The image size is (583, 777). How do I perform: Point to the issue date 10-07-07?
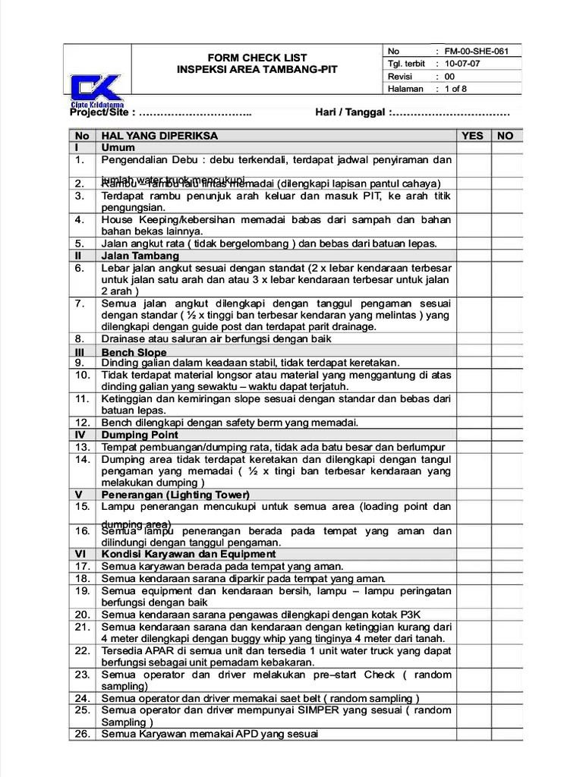(x=462, y=64)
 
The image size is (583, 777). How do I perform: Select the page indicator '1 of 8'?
(x=456, y=89)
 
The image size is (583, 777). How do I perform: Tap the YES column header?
(x=472, y=136)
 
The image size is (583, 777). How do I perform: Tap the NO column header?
(x=505, y=136)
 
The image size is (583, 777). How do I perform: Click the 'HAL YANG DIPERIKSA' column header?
(x=159, y=136)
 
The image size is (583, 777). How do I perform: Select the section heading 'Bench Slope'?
(x=134, y=353)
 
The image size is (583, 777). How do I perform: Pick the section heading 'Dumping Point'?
(x=140, y=435)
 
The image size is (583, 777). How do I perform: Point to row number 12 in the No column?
(x=82, y=423)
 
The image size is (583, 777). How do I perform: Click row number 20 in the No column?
(x=82, y=614)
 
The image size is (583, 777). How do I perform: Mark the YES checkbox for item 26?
(x=472, y=734)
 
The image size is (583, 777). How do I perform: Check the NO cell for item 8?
(x=505, y=338)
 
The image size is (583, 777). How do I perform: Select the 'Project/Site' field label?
(x=102, y=113)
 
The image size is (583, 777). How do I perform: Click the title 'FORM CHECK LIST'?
(x=257, y=58)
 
